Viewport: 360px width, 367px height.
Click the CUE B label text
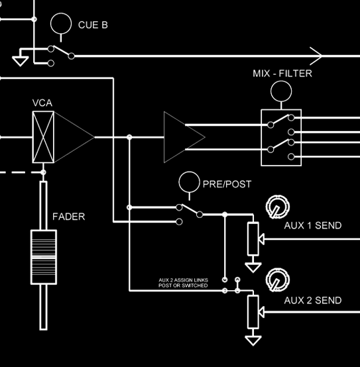click(93, 25)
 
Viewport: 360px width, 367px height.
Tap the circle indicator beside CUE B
click(61, 13)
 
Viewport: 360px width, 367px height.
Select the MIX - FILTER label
click(282, 74)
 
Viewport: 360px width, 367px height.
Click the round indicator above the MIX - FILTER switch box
click(281, 81)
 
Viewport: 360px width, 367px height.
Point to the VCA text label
click(42, 103)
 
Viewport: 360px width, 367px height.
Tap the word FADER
click(69, 217)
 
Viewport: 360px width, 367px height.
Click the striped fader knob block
click(44, 257)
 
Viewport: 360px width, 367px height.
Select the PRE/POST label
click(227, 184)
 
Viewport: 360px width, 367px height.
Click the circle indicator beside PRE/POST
click(189, 172)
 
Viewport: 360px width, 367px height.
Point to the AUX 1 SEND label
click(313, 225)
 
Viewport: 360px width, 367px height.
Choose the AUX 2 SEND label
click(313, 300)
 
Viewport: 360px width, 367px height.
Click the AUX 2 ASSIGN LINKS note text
click(183, 283)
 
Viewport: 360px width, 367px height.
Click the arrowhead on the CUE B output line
click(322, 56)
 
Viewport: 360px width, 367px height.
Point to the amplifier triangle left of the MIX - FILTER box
click(164, 137)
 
